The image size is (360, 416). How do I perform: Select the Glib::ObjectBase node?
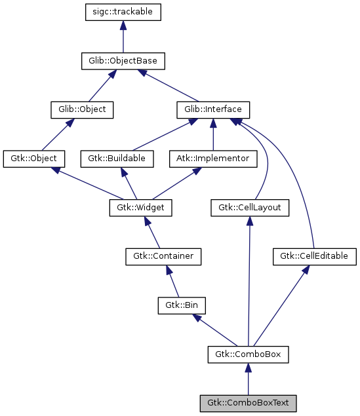tap(123, 61)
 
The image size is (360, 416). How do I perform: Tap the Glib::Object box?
tap(82, 109)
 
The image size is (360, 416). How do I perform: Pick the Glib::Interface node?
tap(213, 109)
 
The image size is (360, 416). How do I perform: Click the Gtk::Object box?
tap(34, 159)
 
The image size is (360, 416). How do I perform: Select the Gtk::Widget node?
tap(140, 208)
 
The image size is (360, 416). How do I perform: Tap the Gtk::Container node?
tap(163, 256)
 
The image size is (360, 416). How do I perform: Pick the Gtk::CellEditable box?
tap(315, 256)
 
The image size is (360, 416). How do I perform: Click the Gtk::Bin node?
tap(182, 305)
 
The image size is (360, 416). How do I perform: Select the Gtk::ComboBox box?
tap(248, 354)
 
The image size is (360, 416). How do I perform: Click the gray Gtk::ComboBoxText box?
tap(248, 403)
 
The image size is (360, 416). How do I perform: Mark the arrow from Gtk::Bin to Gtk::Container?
tap(172, 281)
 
